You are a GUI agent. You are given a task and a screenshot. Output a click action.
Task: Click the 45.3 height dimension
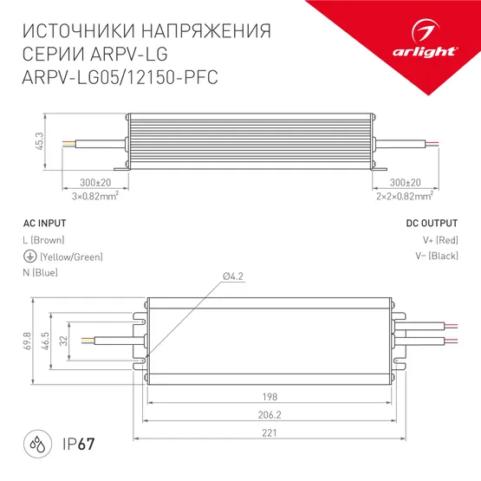40,140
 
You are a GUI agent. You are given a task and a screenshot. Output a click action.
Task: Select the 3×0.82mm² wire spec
94,196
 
